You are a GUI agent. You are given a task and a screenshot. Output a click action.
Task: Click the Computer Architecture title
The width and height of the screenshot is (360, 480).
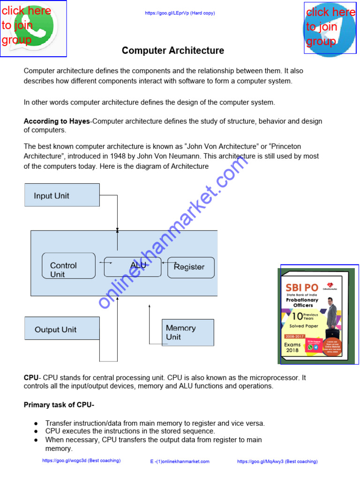(173, 51)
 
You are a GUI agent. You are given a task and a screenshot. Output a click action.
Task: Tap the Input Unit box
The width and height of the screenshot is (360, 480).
(62, 195)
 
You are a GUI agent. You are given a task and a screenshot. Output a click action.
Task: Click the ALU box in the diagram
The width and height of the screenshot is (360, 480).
(132, 267)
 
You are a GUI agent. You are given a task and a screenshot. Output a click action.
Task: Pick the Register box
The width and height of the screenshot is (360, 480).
(191, 267)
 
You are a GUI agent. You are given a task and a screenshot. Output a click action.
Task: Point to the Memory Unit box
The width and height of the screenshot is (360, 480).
(187, 332)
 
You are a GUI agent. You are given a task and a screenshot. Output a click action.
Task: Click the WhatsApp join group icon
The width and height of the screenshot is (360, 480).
(33, 28)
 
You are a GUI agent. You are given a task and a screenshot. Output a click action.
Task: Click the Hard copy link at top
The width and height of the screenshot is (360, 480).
(180, 13)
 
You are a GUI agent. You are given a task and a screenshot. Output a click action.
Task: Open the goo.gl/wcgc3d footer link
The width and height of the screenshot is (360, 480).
(81, 461)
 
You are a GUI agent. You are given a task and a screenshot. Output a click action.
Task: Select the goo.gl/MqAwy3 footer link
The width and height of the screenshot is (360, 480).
(277, 461)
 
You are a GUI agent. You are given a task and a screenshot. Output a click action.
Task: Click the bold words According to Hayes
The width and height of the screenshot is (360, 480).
(57, 121)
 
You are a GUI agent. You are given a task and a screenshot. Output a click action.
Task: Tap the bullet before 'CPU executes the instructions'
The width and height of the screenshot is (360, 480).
(36, 431)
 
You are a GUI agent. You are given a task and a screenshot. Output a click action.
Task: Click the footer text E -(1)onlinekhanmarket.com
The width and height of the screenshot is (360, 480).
(180, 461)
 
